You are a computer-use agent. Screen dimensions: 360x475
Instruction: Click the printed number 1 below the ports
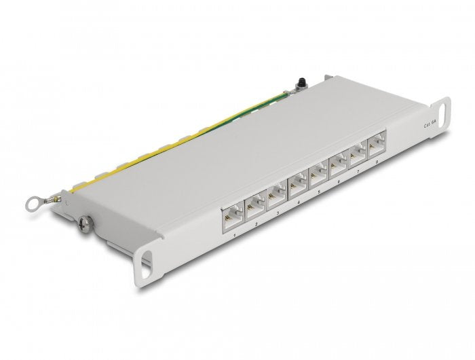[x=235, y=236]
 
